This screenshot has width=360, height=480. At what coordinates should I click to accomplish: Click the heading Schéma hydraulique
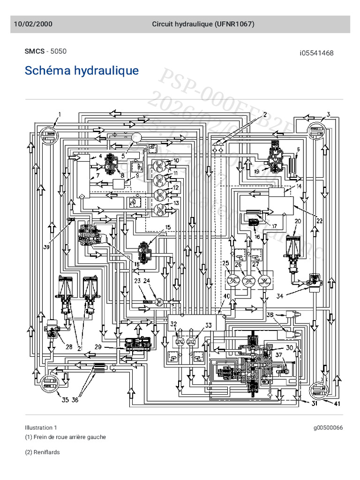tap(82, 71)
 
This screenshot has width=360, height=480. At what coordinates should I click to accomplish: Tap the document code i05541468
tap(316, 53)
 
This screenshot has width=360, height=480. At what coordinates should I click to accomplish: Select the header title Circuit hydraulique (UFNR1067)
tap(203, 24)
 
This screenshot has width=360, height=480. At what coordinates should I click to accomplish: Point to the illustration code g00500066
tap(328, 427)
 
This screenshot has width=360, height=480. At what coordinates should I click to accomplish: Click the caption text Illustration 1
tap(41, 427)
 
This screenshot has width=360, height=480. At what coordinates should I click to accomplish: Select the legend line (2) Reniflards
tap(42, 452)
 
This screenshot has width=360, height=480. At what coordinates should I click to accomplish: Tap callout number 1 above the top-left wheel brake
tap(60, 114)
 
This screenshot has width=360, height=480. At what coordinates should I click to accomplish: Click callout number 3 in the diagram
tap(329, 114)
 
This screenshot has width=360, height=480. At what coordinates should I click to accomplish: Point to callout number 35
tap(65, 400)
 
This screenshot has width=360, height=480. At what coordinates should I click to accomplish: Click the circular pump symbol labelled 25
tap(233, 280)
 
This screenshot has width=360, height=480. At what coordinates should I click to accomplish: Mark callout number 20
tap(297, 221)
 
